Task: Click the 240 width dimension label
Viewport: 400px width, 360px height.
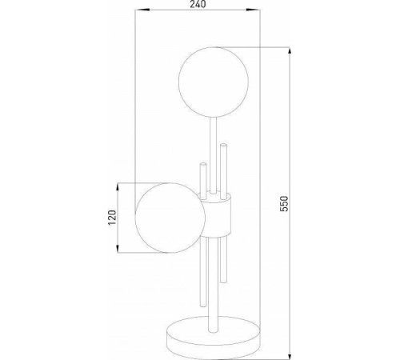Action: tap(198, 4)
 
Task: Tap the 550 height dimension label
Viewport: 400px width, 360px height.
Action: tap(284, 203)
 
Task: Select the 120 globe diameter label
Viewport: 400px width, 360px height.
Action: tap(112, 218)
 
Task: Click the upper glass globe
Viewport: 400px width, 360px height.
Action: tap(214, 82)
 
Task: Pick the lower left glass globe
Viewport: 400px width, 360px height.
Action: tap(170, 218)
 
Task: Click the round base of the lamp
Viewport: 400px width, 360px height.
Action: tap(214, 334)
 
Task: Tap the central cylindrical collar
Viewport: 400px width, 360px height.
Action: tap(216, 214)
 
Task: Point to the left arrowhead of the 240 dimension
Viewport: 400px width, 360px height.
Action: tap(142, 10)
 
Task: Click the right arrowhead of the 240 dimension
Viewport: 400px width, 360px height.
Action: tap(253, 10)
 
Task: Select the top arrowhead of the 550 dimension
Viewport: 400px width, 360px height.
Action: tap(290, 54)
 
